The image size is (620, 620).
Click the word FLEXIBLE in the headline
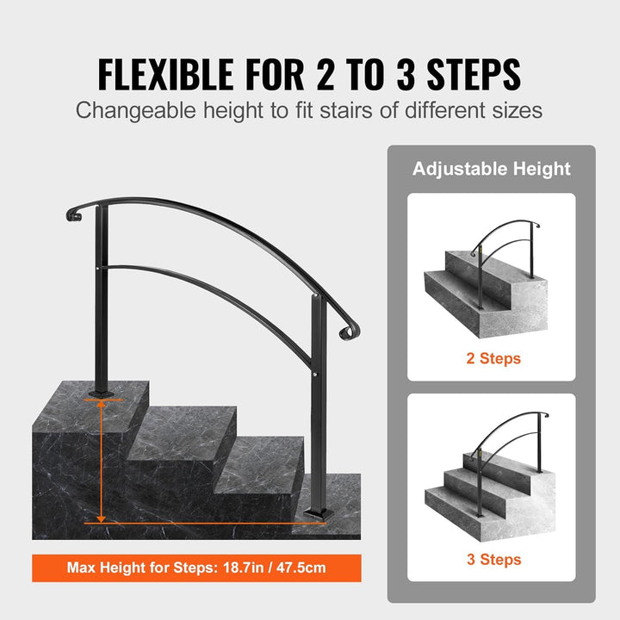pos(165,74)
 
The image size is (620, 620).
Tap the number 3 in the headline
pos(406,74)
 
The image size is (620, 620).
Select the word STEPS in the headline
pos(474,74)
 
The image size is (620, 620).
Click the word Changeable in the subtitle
pos(136,110)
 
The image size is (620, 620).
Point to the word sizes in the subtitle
pos(518,110)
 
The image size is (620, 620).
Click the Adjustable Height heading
pos(491,169)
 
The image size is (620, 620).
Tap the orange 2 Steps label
pos(493,358)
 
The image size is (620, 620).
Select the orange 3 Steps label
pos(493,560)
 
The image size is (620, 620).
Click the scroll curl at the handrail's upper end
pos(73,214)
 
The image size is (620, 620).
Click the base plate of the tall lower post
pos(319,514)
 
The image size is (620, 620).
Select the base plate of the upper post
pos(102,394)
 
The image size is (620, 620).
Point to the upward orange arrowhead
pos(102,404)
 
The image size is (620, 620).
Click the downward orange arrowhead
pos(102,518)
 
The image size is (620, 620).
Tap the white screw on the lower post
pos(314,374)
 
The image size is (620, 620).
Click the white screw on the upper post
pos(98,269)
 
